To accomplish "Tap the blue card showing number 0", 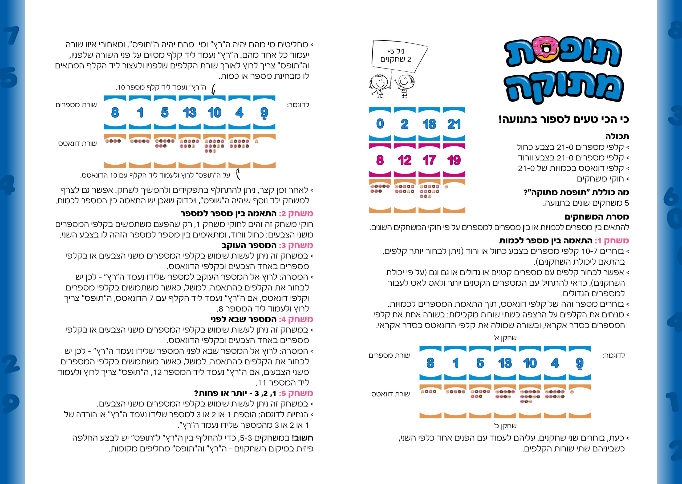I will (x=380, y=124).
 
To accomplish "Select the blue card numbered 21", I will (x=454, y=124).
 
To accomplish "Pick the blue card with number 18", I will (x=429, y=124).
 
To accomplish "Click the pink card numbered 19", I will (x=454, y=160).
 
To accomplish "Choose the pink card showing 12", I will (x=404, y=160).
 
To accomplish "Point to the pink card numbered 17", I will (x=429, y=160).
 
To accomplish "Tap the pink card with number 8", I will (x=380, y=160).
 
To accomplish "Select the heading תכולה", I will (x=617, y=136).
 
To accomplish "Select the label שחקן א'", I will (x=505, y=338).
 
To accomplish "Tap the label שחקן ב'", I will (x=505, y=426).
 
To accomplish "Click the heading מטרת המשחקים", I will (x=597, y=217).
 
